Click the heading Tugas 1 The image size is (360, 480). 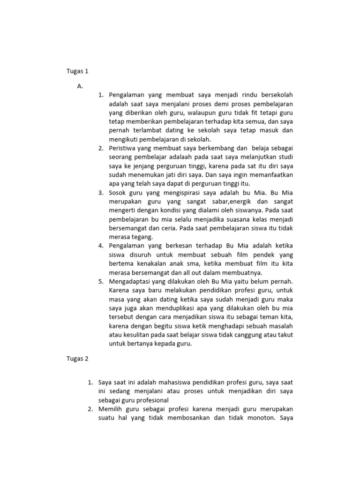click(77, 72)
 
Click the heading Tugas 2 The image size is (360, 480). click(77, 359)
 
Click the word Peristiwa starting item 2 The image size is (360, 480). click(124, 148)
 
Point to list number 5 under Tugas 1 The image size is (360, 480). click(101, 281)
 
